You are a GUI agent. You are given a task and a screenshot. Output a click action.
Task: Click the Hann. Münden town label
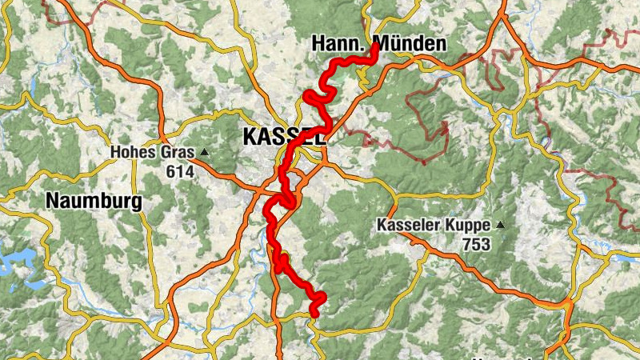(x=378, y=44)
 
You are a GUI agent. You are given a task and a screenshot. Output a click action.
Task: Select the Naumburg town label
(x=94, y=201)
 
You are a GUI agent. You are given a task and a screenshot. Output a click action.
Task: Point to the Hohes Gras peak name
(x=153, y=151)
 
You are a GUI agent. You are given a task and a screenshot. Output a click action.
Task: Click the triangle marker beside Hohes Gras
(x=205, y=151)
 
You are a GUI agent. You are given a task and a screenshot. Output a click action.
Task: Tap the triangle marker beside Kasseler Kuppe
(x=501, y=225)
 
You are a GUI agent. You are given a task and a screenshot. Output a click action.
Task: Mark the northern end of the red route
(x=374, y=46)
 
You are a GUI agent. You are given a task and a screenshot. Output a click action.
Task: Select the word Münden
(x=411, y=44)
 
